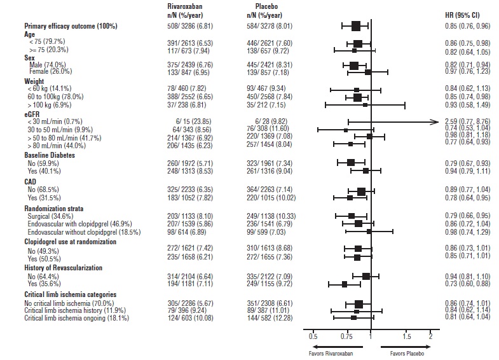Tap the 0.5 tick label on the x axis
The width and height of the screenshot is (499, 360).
tap(313, 335)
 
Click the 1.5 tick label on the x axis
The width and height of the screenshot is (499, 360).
tap(406, 335)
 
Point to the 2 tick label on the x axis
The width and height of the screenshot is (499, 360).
tap(430, 335)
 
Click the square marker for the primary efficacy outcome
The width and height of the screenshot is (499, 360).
tap(355, 26)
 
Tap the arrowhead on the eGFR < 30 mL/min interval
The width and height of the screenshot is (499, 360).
tap(437, 121)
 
